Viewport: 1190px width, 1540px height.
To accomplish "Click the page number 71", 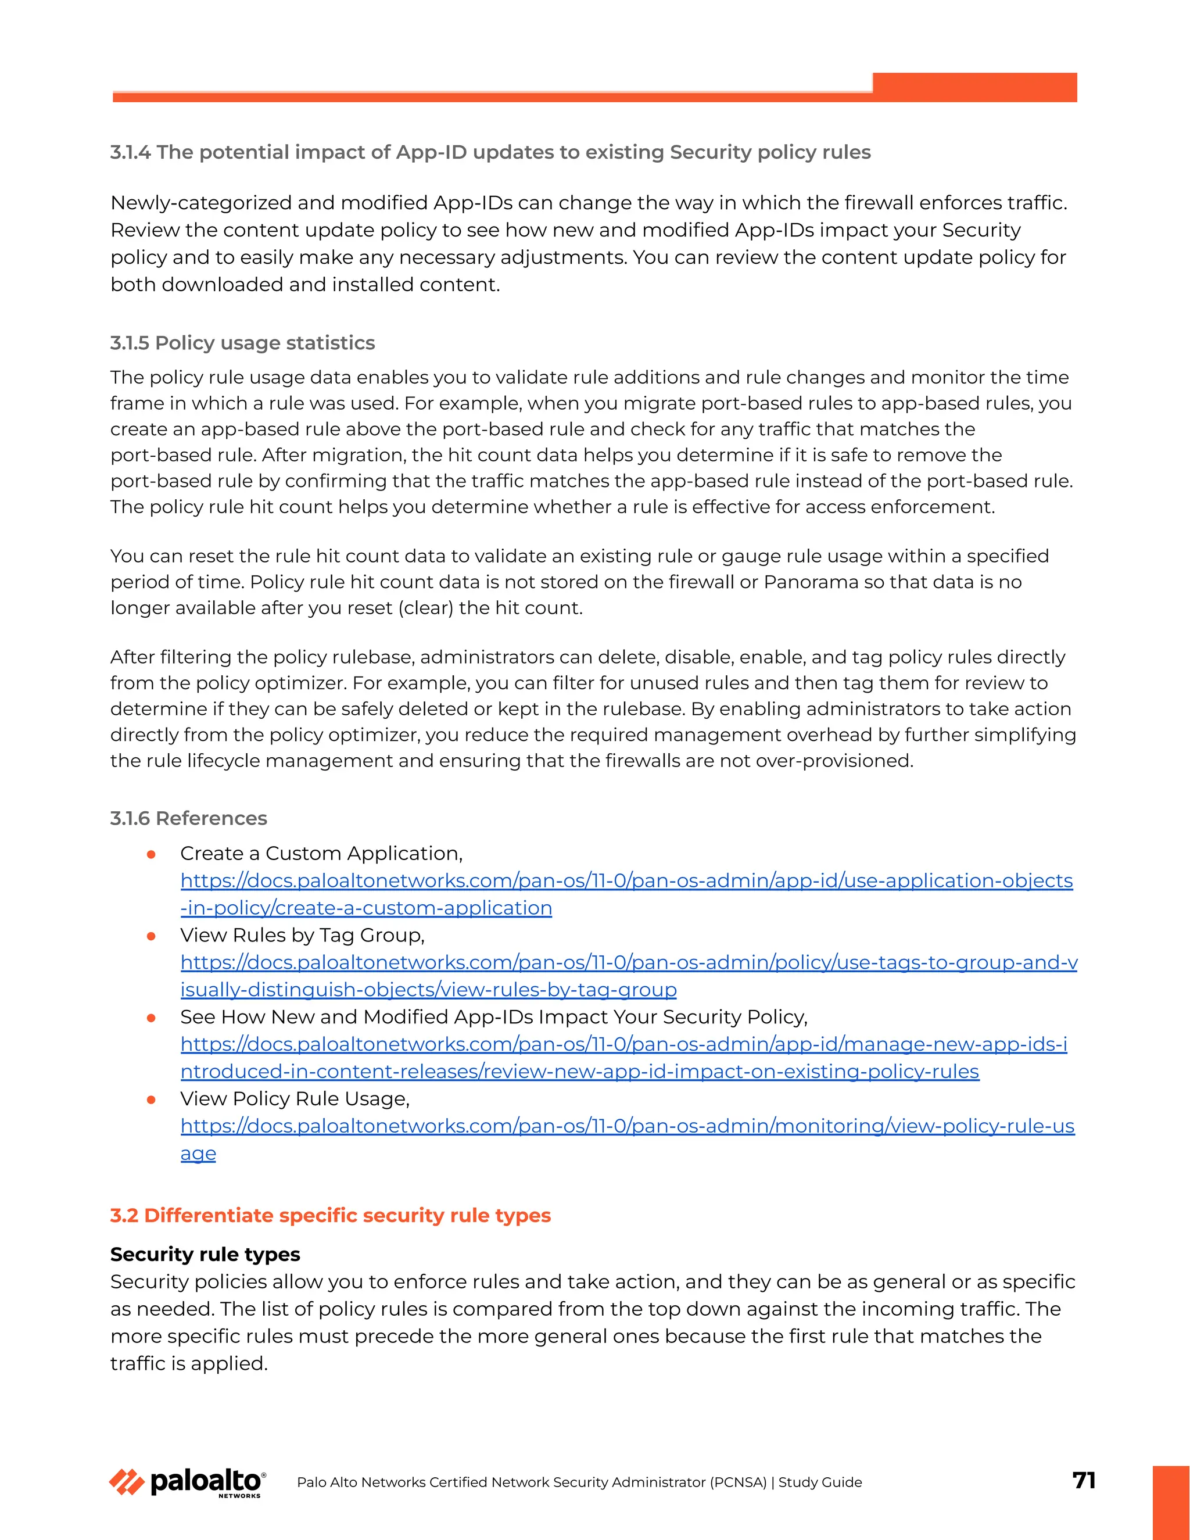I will [1084, 1480].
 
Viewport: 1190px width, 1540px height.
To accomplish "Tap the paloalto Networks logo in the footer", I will [188, 1482].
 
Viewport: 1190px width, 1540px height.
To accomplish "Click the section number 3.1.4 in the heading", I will [130, 152].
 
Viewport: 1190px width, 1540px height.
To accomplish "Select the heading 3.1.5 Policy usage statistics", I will [242, 343].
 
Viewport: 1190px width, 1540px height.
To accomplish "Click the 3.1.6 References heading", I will [188, 818].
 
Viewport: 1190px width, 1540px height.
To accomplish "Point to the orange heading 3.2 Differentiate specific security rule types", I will [330, 1215].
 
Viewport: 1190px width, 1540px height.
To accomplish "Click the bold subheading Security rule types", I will [205, 1254].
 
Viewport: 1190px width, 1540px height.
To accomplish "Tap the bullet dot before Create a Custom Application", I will [151, 855].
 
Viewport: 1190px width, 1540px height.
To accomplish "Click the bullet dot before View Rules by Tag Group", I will [151, 936].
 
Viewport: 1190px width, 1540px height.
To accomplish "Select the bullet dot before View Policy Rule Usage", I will [151, 1100].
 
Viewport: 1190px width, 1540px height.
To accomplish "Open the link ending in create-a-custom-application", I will [366, 908].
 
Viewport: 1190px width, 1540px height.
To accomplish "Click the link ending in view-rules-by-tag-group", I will [428, 990].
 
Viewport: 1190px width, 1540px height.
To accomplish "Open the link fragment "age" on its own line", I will [198, 1154].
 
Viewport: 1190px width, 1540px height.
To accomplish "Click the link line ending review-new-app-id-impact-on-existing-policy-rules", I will [579, 1072].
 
